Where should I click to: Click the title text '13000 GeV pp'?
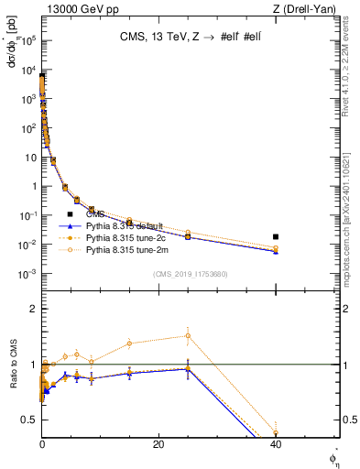click(72, 8)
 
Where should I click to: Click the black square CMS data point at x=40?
click(276, 236)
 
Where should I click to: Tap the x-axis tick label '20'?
click(158, 444)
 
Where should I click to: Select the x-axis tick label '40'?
click(276, 444)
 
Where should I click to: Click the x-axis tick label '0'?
click(42, 444)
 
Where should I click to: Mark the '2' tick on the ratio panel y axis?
click(34, 309)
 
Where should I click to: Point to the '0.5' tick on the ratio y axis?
click(30, 420)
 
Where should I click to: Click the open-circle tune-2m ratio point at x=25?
click(188, 335)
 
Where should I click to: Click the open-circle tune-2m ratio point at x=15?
click(129, 344)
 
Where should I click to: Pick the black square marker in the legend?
click(70, 214)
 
